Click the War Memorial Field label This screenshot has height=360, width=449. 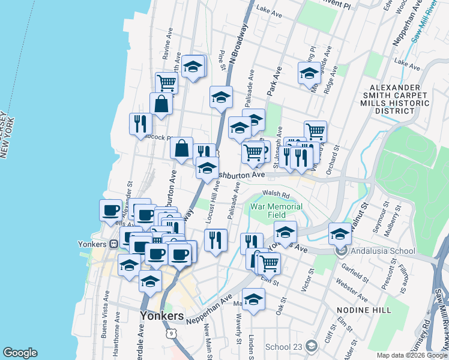pyautogui.click(x=276, y=211)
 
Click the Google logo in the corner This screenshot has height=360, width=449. pyautogui.click(x=20, y=353)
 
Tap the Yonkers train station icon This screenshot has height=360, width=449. pyautogui.click(x=113, y=244)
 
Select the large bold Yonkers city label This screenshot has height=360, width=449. pyautogui.click(x=161, y=316)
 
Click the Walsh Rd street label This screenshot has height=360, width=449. pyautogui.click(x=276, y=195)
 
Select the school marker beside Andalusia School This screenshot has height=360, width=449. pyautogui.click(x=340, y=233)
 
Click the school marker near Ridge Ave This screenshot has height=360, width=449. pyautogui.click(x=309, y=73)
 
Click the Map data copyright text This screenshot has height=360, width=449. pyautogui.click(x=411, y=355)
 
